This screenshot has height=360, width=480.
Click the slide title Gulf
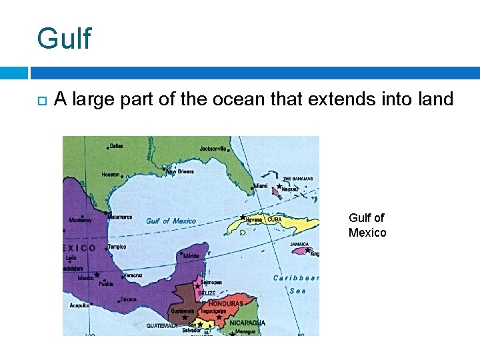point(64,39)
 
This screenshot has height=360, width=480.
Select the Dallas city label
point(116,146)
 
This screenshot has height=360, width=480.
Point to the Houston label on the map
point(111,175)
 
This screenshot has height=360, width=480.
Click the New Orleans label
point(180,171)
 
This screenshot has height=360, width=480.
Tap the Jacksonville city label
point(213,149)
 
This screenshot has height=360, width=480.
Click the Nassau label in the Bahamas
point(290,189)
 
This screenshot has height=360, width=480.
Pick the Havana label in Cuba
point(255,219)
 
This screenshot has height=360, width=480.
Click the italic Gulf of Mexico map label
point(171,221)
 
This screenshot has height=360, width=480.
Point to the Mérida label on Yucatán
point(191,255)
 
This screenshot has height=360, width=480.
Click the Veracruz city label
point(133,275)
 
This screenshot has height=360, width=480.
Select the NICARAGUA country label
point(247,323)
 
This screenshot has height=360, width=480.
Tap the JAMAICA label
point(299,244)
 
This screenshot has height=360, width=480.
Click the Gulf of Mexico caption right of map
point(367,225)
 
